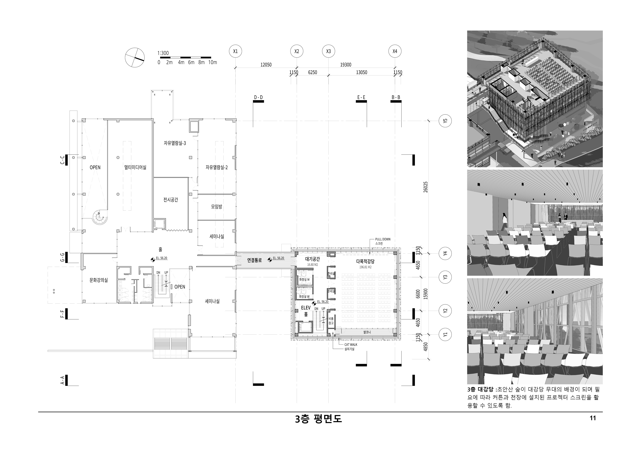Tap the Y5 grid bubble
click(x=445, y=121)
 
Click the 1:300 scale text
click(x=163, y=53)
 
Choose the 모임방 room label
click(x=217, y=207)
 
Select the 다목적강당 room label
click(x=365, y=262)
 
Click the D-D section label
click(x=258, y=98)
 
